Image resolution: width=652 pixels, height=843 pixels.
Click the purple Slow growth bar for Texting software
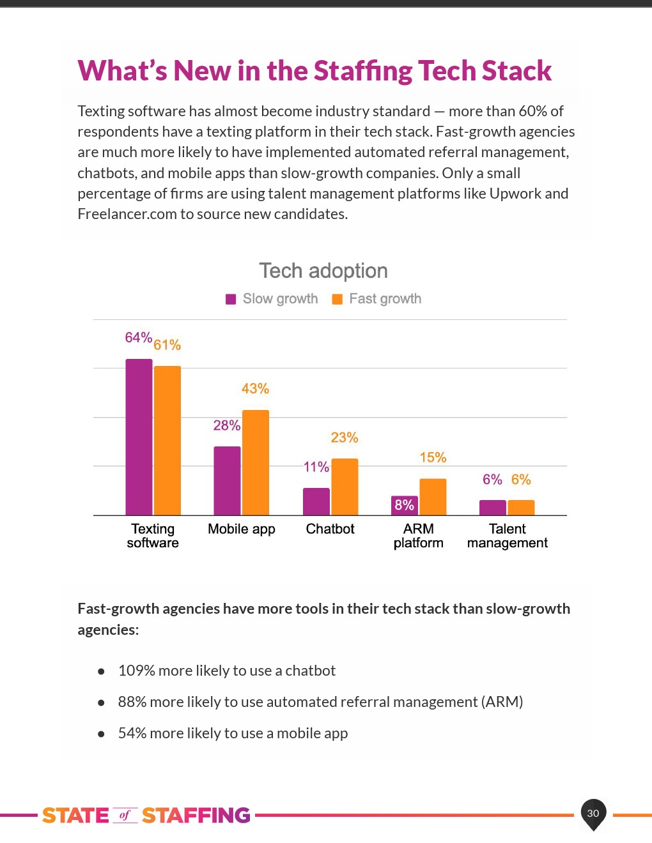[139, 437]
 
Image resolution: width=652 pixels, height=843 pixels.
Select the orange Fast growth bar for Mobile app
[256, 462]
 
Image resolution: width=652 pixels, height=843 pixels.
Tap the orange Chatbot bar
[345, 487]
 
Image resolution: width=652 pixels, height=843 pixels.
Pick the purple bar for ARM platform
[405, 505]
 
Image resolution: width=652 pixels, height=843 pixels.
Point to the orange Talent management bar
[521, 508]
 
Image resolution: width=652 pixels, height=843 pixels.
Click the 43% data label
[255, 388]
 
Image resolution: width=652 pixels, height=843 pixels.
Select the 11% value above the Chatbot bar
[316, 467]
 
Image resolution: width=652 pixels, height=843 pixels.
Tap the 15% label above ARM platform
[433, 457]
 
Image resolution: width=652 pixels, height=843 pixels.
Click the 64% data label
[138, 337]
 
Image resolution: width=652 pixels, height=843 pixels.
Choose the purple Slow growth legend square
[231, 299]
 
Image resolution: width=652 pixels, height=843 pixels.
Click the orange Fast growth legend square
[338, 299]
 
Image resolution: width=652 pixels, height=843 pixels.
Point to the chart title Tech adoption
[323, 271]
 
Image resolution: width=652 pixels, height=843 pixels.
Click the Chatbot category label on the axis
[330, 529]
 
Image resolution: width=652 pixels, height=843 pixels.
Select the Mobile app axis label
[242, 529]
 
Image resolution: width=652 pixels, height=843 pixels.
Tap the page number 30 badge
[593, 813]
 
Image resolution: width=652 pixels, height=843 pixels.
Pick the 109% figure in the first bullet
[137, 671]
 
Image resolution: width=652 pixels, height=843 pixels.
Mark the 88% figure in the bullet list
[132, 702]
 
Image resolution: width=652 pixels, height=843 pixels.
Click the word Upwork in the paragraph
[515, 194]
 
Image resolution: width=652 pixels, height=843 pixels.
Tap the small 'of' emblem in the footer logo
[125, 815]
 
